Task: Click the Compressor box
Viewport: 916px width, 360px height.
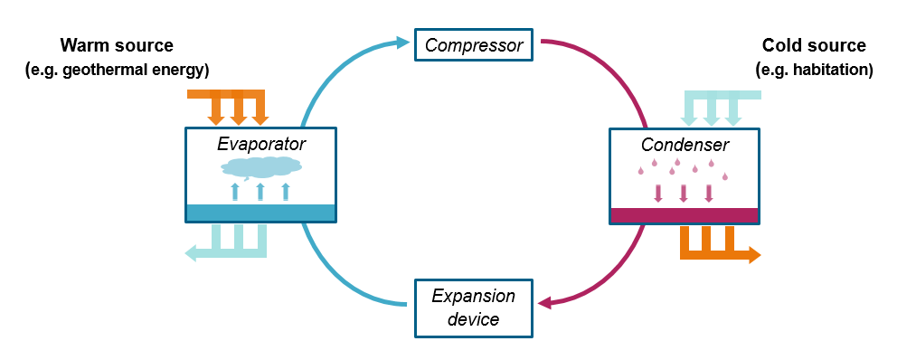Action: [x=475, y=44]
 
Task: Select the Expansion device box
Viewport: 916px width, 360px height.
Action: [x=473, y=308]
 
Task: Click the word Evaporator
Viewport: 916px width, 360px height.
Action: [x=260, y=144]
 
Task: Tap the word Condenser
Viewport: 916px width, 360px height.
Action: [x=685, y=144]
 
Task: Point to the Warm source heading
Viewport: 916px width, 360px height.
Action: [x=116, y=45]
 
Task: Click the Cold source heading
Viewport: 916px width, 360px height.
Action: [x=814, y=45]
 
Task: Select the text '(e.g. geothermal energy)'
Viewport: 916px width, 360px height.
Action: [x=117, y=70]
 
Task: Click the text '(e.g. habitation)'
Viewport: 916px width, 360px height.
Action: [x=814, y=70]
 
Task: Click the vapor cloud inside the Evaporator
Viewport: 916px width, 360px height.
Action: [x=260, y=166]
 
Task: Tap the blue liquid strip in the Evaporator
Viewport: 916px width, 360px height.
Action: [x=260, y=213]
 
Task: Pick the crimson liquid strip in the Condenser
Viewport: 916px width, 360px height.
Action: [x=684, y=214]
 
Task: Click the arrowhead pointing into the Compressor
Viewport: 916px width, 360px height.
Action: [x=403, y=42]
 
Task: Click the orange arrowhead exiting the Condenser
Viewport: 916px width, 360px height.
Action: [x=754, y=255]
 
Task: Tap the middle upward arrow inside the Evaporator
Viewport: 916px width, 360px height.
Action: [x=260, y=191]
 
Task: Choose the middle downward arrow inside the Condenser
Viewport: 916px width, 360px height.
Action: [x=684, y=192]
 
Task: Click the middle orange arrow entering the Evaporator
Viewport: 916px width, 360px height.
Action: [x=239, y=113]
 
